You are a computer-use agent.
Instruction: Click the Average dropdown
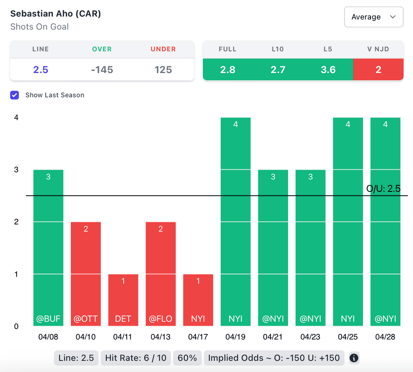tap(373, 17)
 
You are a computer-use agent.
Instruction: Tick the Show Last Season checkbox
tap(15, 95)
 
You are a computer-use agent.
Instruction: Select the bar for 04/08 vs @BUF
tap(48, 247)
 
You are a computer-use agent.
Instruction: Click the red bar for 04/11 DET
tap(123, 300)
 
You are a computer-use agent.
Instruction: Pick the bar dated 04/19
tap(236, 221)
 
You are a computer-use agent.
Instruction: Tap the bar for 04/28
tap(385, 221)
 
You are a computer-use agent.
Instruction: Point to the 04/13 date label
tap(161, 337)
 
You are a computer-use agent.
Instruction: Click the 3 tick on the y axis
tap(17, 170)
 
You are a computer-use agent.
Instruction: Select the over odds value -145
tap(102, 70)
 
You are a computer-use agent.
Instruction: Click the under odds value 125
tap(163, 70)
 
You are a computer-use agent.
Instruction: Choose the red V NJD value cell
tap(378, 70)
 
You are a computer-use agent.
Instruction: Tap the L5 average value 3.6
tap(328, 70)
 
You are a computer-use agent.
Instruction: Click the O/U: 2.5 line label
tap(383, 189)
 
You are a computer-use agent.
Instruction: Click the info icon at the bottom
tap(354, 358)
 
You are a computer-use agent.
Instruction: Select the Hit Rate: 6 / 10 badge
tap(136, 358)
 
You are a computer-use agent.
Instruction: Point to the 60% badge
tap(187, 358)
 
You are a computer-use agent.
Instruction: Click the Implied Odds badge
tap(274, 358)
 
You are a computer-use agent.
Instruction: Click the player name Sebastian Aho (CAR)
tap(56, 14)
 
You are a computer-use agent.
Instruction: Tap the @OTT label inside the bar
tap(86, 319)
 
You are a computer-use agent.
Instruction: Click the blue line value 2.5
tap(41, 70)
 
